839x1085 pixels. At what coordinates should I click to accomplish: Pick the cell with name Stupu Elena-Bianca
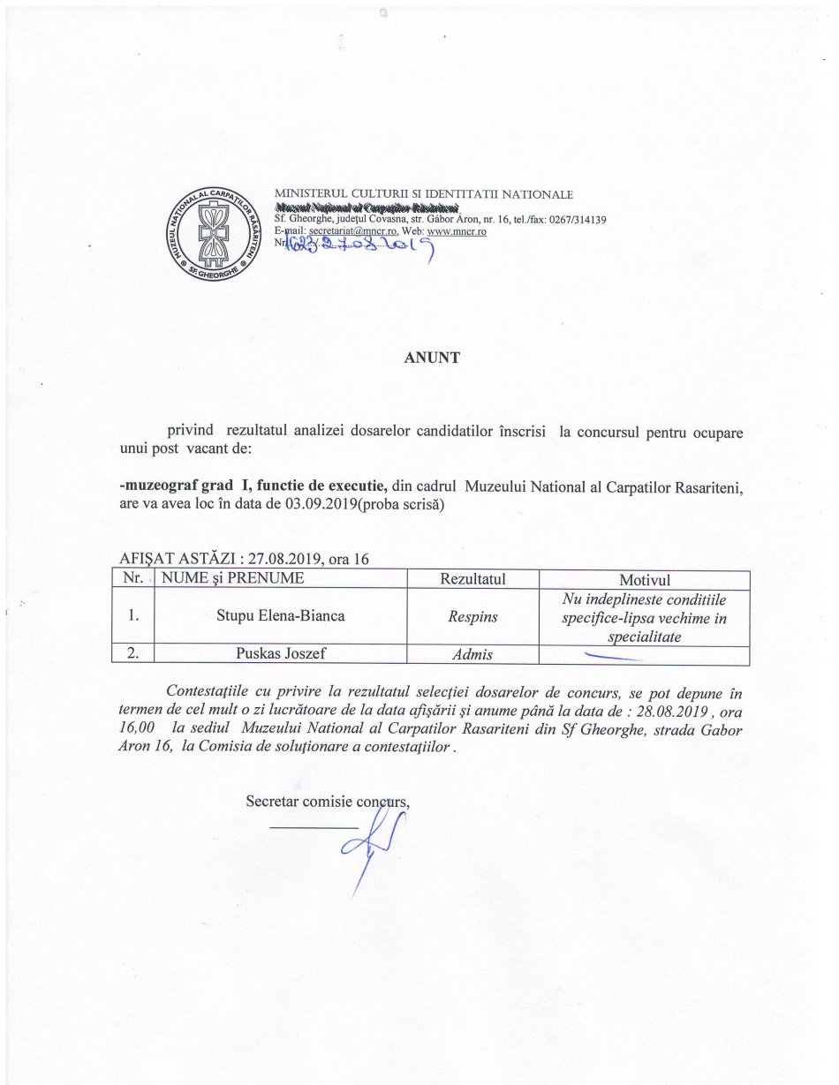tap(280, 615)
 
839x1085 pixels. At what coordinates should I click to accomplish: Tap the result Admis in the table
tap(472, 655)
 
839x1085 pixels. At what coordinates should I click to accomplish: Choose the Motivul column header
tap(645, 580)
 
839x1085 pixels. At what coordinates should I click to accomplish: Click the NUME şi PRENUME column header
tap(230, 579)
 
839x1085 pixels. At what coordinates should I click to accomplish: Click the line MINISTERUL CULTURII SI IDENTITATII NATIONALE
tap(424, 194)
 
